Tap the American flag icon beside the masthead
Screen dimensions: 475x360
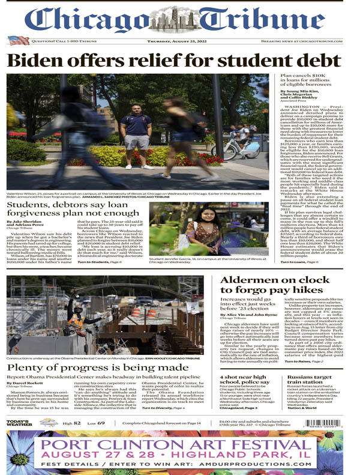(18, 40)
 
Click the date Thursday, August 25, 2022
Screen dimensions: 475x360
(179, 41)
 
